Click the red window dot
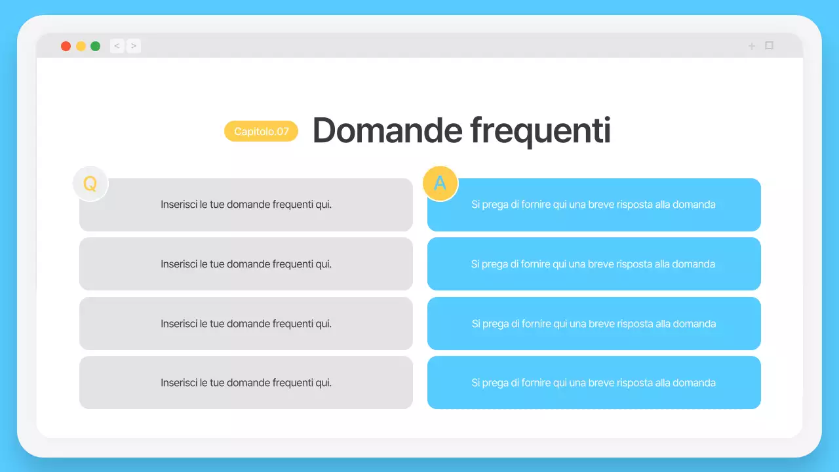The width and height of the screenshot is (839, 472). (66, 46)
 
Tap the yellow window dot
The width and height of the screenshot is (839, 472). (81, 46)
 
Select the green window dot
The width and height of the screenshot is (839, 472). (96, 46)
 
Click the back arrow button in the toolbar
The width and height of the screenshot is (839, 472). (117, 46)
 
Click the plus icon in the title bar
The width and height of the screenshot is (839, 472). (752, 46)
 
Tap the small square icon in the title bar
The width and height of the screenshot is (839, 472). (770, 45)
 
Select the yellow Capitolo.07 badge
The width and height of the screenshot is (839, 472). (261, 131)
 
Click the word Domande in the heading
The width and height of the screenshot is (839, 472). (387, 130)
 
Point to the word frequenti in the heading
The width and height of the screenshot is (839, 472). (541, 130)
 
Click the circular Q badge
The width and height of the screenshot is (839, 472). (90, 184)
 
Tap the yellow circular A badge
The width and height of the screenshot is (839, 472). (440, 183)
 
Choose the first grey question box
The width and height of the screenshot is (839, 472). (246, 205)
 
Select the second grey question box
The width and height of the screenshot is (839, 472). (246, 264)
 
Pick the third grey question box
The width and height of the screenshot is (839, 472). (246, 324)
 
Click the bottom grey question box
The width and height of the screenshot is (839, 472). (246, 383)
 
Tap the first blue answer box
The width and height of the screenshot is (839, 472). (594, 205)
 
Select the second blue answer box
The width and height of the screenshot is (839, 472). (594, 264)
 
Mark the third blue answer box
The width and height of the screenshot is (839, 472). (594, 324)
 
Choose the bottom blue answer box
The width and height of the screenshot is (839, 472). (594, 383)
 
